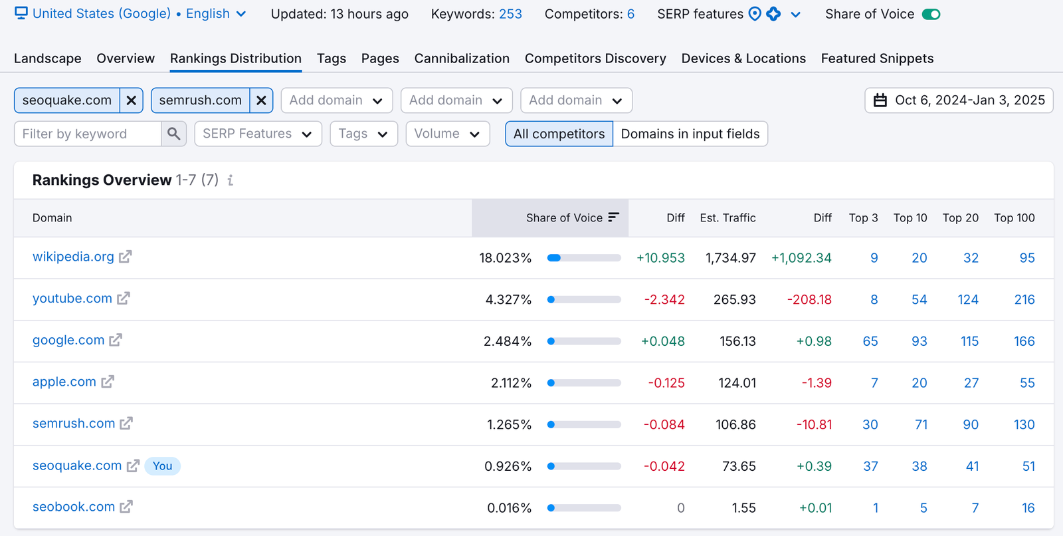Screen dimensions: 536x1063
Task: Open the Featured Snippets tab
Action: point(877,59)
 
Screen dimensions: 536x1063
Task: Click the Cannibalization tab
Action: point(462,59)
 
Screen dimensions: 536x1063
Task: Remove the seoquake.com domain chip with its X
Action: point(132,100)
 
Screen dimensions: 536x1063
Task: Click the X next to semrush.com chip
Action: point(261,100)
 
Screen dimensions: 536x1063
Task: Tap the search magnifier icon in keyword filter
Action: point(173,134)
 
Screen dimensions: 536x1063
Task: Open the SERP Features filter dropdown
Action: point(258,134)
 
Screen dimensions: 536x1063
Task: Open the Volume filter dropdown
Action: point(447,134)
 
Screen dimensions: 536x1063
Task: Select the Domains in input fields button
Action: point(690,134)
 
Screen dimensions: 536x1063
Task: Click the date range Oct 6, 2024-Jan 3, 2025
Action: point(959,100)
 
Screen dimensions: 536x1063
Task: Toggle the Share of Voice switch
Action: point(931,14)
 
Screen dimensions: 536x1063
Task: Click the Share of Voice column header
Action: point(564,217)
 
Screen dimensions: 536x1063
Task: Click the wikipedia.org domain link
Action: point(73,257)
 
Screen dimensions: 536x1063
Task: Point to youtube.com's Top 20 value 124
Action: point(968,299)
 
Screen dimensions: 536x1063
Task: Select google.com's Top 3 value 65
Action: point(870,341)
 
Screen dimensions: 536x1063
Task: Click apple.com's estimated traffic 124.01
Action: point(737,383)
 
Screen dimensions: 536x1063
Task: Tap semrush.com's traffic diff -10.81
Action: point(814,424)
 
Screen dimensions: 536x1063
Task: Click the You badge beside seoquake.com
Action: point(162,466)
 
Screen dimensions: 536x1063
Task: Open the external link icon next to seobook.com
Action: point(126,507)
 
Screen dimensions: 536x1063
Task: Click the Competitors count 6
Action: point(630,14)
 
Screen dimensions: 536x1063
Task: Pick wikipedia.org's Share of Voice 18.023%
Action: point(505,258)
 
